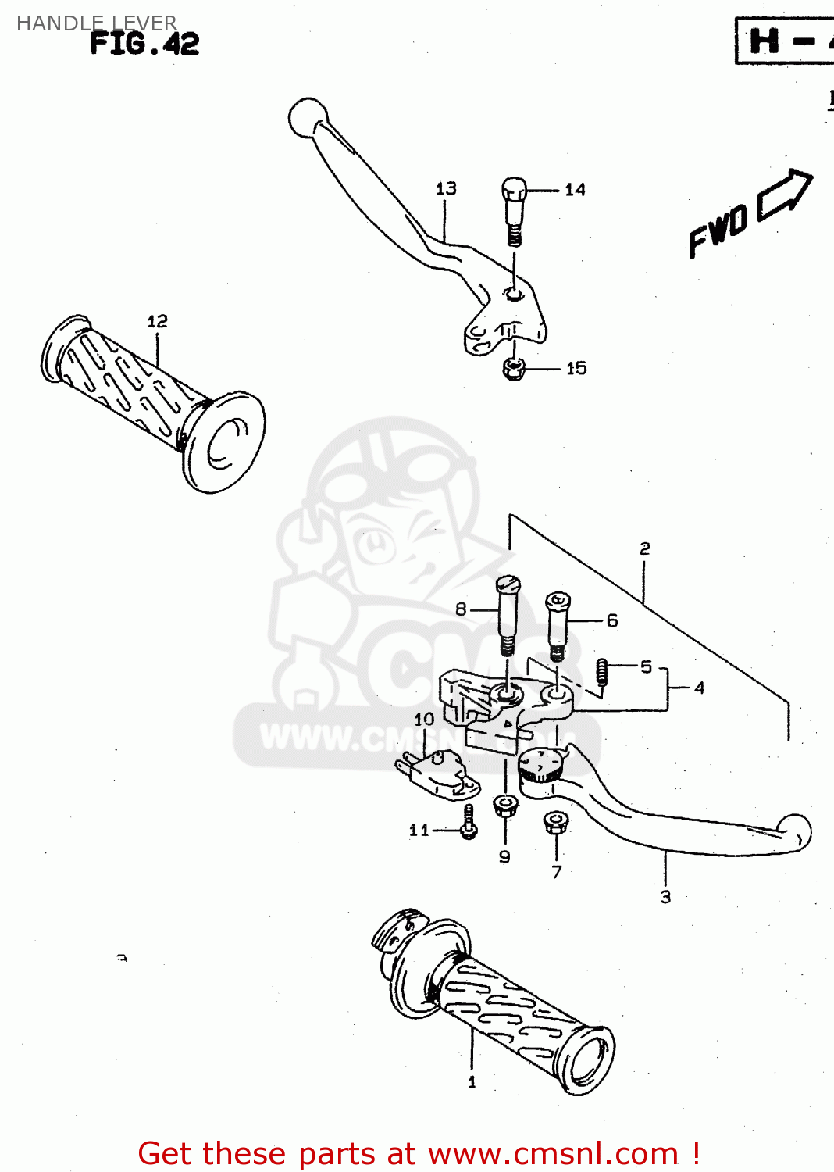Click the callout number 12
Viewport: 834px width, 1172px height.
click(157, 321)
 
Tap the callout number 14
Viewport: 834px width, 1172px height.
click(575, 190)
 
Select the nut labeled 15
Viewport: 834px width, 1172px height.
click(513, 368)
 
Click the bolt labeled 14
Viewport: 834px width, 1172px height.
click(513, 209)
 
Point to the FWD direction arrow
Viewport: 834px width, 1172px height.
click(784, 193)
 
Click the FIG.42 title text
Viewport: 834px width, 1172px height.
click(144, 44)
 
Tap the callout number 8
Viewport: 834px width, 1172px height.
click(461, 609)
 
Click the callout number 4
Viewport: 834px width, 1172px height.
click(699, 688)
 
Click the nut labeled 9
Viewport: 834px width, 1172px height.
click(505, 804)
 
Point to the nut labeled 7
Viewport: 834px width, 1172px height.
click(555, 822)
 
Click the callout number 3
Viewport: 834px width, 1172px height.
click(665, 897)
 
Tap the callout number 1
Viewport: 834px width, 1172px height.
click(472, 1082)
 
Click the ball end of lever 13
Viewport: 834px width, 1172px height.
click(307, 118)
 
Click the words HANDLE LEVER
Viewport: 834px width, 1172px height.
click(97, 23)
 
